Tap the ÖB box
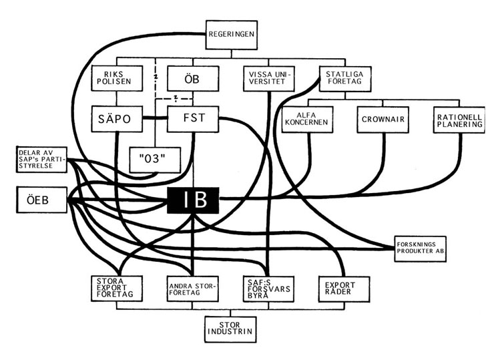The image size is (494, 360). coord(192,78)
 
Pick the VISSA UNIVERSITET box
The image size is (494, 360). coord(268,78)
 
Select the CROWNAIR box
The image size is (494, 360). coord(382,120)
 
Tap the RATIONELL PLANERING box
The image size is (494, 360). coord(458,120)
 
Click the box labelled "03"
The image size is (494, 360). coord(152,158)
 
